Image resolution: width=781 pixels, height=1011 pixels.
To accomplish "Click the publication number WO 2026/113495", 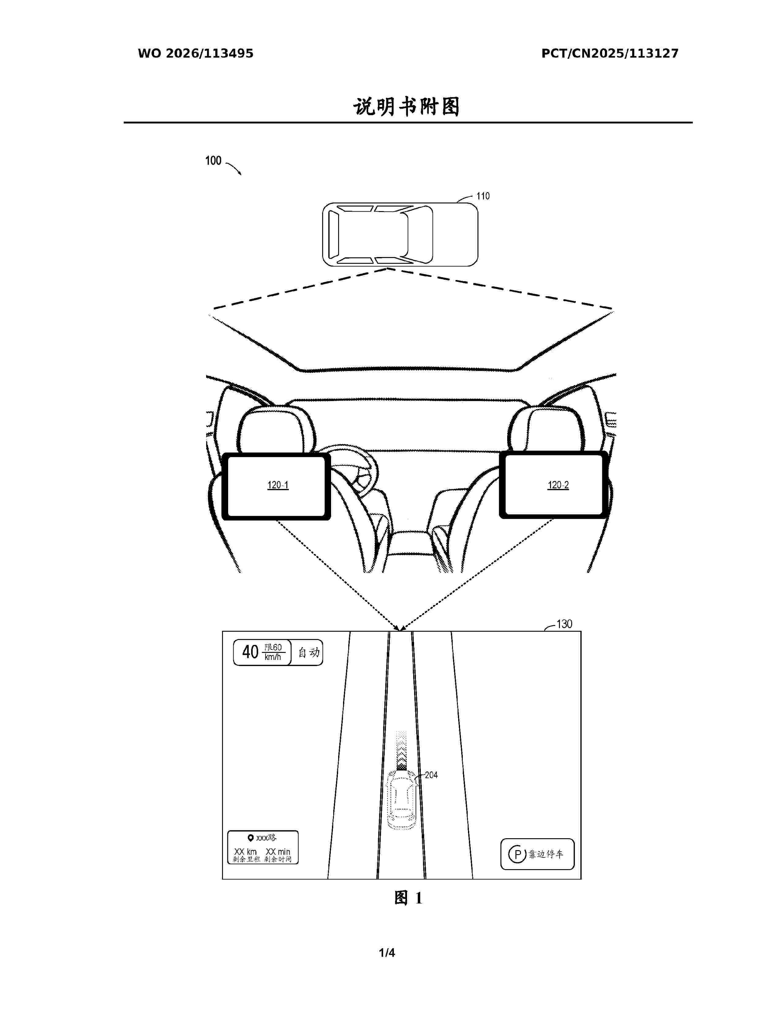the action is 195,53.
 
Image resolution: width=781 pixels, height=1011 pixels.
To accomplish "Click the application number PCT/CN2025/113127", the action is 610,53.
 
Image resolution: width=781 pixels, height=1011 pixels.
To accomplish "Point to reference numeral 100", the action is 213,161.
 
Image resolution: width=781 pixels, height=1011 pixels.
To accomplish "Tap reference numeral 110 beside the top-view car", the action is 483,196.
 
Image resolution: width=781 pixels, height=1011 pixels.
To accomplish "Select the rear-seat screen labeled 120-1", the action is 277,486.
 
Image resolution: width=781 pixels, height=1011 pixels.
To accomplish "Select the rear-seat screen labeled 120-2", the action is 554,485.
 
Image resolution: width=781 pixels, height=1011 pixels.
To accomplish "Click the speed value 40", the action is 250,652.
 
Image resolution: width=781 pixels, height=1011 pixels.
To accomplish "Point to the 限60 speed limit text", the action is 273,647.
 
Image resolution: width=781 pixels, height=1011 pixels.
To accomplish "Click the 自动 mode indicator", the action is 309,653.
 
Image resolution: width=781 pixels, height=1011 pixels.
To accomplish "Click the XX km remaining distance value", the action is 245,851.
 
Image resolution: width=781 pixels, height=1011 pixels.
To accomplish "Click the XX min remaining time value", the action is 278,851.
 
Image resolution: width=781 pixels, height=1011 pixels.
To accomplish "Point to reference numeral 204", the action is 431,775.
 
